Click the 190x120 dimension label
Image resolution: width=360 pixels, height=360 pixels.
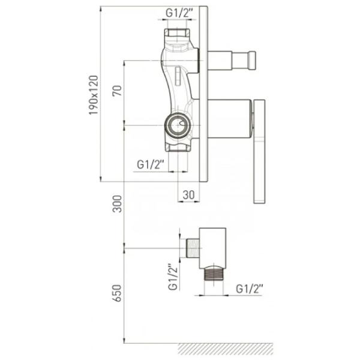pyautogui.click(x=94, y=95)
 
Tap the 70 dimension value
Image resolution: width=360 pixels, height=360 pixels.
pyautogui.click(x=117, y=91)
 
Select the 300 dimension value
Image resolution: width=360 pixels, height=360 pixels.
pyautogui.click(x=117, y=204)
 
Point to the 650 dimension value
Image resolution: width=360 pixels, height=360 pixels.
pyautogui.click(x=117, y=293)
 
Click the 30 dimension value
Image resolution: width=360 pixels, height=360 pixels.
pyautogui.click(x=189, y=195)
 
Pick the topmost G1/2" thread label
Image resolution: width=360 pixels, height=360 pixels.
pyautogui.click(x=179, y=13)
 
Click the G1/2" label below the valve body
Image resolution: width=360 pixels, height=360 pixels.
pyautogui.click(x=151, y=164)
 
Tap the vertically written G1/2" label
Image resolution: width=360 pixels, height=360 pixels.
pyautogui.click(x=173, y=277)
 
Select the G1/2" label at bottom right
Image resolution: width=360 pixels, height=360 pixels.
pyautogui.click(x=250, y=289)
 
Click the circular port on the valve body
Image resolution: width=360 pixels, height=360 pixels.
pyautogui.click(x=177, y=125)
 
